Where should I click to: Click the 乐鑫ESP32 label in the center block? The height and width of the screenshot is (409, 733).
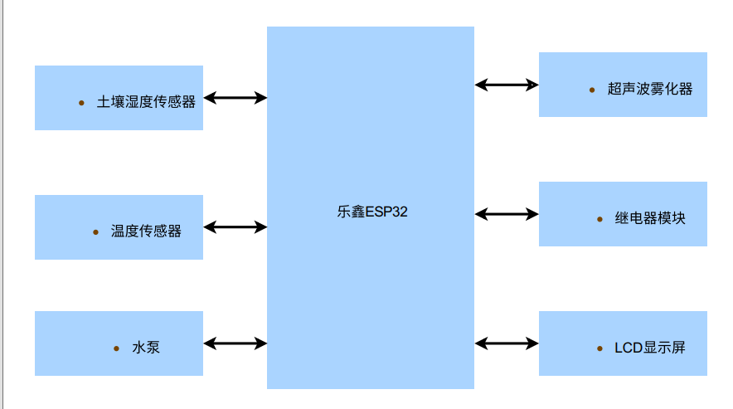pyautogui.click(x=372, y=212)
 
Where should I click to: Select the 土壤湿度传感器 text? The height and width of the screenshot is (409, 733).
pyautogui.click(x=147, y=102)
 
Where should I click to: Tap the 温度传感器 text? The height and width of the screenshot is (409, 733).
pyautogui.click(x=146, y=231)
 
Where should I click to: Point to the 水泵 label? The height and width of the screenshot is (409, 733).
pyautogui.click(x=146, y=348)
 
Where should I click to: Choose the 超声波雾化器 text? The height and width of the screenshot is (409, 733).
pyautogui.click(x=650, y=89)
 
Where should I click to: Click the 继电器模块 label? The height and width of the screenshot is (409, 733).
pyautogui.click(x=650, y=218)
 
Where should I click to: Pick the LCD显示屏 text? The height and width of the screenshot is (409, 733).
pyautogui.click(x=650, y=348)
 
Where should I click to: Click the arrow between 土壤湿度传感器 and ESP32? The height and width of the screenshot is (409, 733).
pyautogui.click(x=235, y=98)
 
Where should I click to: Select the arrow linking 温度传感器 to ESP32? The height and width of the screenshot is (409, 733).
pyautogui.click(x=235, y=226)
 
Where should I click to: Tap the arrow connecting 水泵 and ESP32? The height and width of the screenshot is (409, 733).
pyautogui.click(x=235, y=343)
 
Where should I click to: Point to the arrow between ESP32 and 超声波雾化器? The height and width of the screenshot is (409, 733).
pyautogui.click(x=507, y=84)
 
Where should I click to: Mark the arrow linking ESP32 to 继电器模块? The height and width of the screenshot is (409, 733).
pyautogui.click(x=507, y=213)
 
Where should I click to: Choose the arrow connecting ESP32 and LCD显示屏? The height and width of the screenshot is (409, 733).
pyautogui.click(x=507, y=343)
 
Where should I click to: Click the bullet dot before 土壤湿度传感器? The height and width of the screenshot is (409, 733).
pyautogui.click(x=81, y=103)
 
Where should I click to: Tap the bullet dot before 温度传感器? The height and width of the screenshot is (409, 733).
pyautogui.click(x=95, y=231)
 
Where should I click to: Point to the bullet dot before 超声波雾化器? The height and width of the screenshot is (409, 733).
pyautogui.click(x=591, y=90)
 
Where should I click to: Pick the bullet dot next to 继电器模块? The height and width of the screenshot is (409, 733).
pyautogui.click(x=600, y=219)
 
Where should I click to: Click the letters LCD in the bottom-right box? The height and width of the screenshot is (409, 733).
pyautogui.click(x=629, y=348)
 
